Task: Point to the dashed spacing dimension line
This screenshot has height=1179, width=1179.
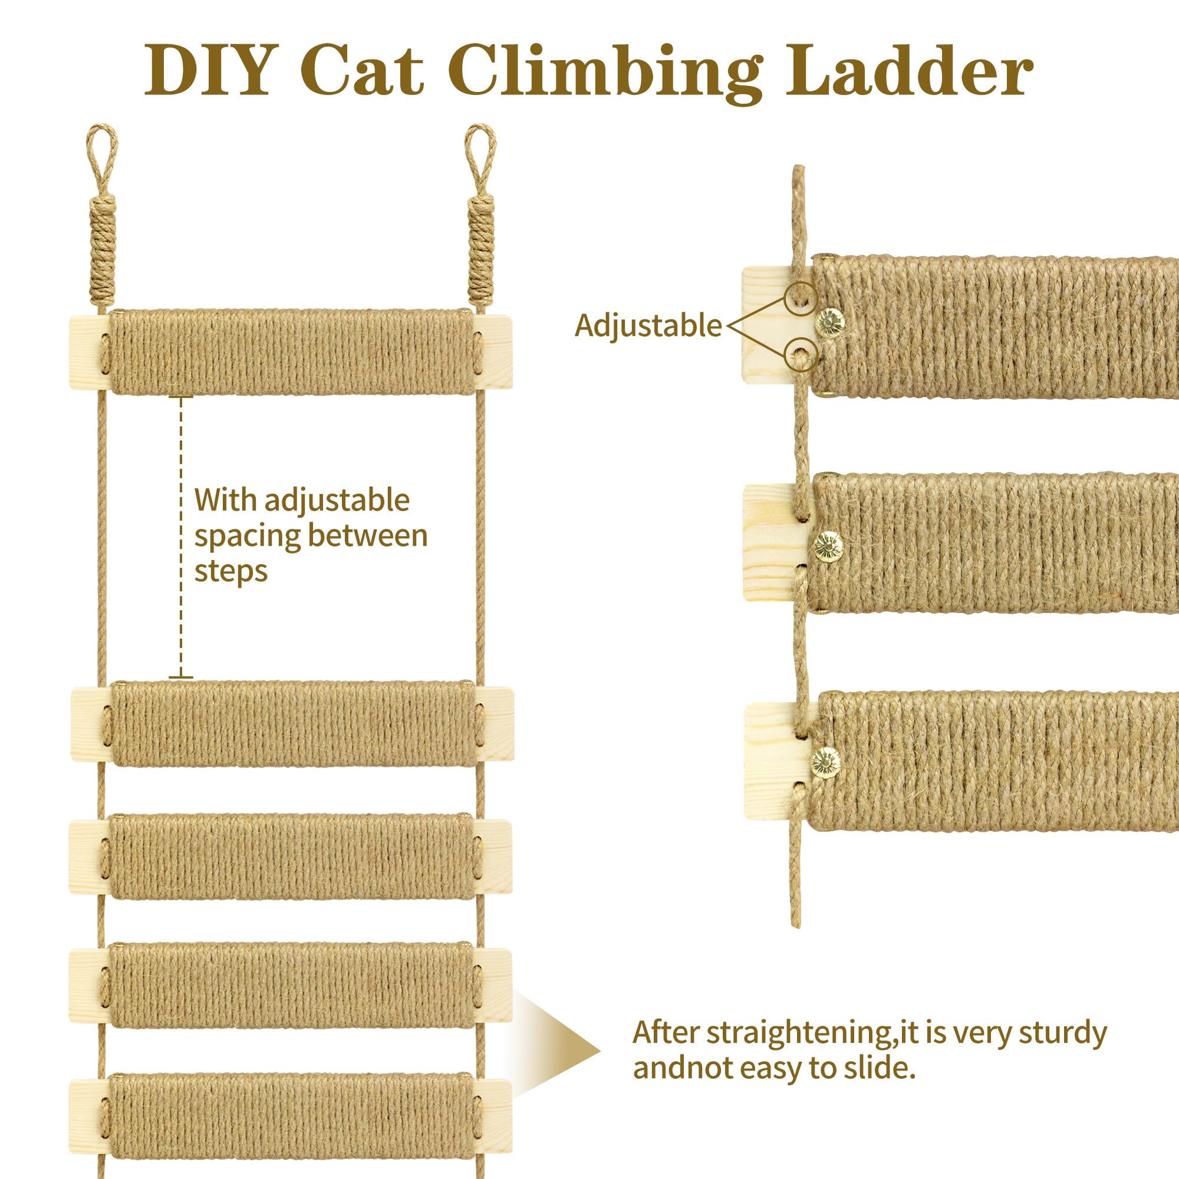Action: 180,537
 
